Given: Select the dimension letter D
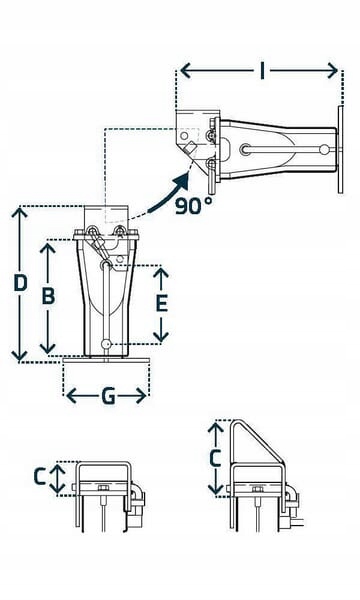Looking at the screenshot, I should pyautogui.click(x=19, y=283).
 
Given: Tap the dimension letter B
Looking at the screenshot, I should pyautogui.click(x=46, y=296).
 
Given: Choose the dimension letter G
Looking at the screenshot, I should pyautogui.click(x=107, y=396).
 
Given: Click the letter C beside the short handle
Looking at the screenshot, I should pyautogui.click(x=39, y=477).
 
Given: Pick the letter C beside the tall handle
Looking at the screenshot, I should pyautogui.click(x=213, y=459).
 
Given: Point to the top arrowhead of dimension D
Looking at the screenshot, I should pyautogui.click(x=19, y=212).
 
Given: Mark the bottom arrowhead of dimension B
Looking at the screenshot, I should pyautogui.click(x=46, y=351).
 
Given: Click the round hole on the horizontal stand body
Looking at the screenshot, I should pyautogui.click(x=246, y=150).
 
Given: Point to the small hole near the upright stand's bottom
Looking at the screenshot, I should pyautogui.click(x=107, y=345).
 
